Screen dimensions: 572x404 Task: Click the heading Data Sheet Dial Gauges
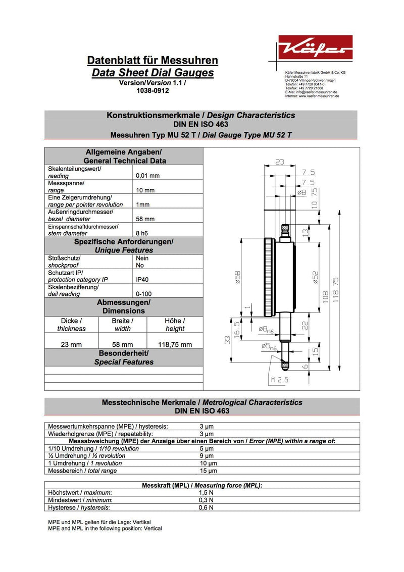point(153,73)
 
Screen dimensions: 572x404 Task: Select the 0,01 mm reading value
point(148,176)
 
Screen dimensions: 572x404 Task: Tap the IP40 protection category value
point(142,279)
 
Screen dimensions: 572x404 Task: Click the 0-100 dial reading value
point(144,293)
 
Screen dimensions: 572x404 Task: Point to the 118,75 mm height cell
point(175,344)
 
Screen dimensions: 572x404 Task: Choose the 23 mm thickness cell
point(71,344)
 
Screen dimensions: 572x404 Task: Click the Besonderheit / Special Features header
point(124,357)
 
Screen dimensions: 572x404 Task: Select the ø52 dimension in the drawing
point(316,278)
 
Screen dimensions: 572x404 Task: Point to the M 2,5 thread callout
point(279,380)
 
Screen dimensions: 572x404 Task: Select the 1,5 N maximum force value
point(207,492)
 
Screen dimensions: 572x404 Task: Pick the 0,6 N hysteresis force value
point(207,507)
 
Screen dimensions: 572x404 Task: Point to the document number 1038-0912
point(153,91)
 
